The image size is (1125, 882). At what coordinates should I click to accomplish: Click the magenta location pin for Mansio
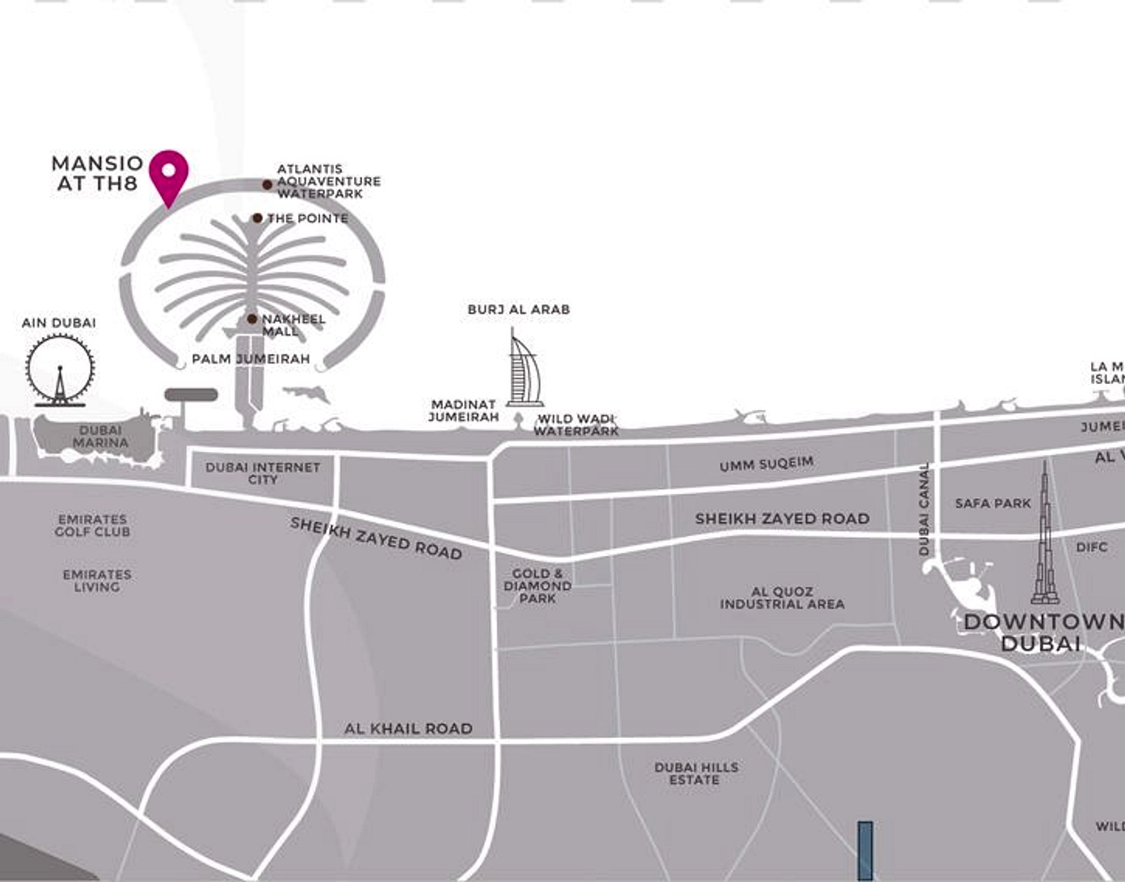[169, 173]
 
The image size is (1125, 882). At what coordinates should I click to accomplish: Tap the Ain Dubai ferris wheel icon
[60, 371]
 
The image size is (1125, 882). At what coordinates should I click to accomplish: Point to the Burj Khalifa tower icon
[1045, 538]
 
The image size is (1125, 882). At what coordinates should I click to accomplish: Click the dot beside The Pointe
[257, 218]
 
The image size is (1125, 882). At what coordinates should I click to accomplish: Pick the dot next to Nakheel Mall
[252, 319]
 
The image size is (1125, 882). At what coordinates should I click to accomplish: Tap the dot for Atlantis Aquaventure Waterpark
[268, 185]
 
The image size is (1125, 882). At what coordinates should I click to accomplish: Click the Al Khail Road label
[408, 729]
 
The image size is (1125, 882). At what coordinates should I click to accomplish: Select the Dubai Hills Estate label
[696, 774]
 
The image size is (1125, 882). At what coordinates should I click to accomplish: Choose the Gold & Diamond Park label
[537, 586]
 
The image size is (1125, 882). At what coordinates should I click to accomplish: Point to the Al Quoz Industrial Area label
[782, 598]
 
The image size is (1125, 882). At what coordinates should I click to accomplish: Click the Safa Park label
[992, 504]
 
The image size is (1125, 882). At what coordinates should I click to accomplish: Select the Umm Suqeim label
[766, 464]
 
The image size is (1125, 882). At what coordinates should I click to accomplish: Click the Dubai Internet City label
[263, 473]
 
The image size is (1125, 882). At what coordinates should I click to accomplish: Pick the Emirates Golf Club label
[92, 525]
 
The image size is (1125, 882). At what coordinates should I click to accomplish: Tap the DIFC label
[1091, 547]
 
